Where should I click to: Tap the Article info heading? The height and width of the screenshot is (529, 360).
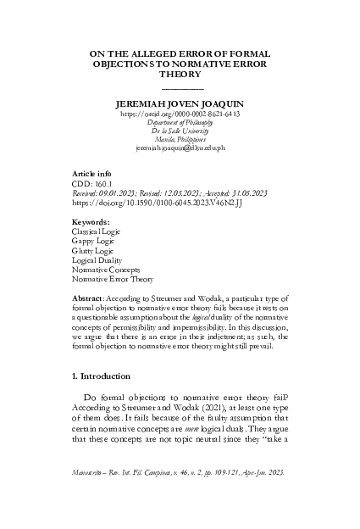tap(96, 173)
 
